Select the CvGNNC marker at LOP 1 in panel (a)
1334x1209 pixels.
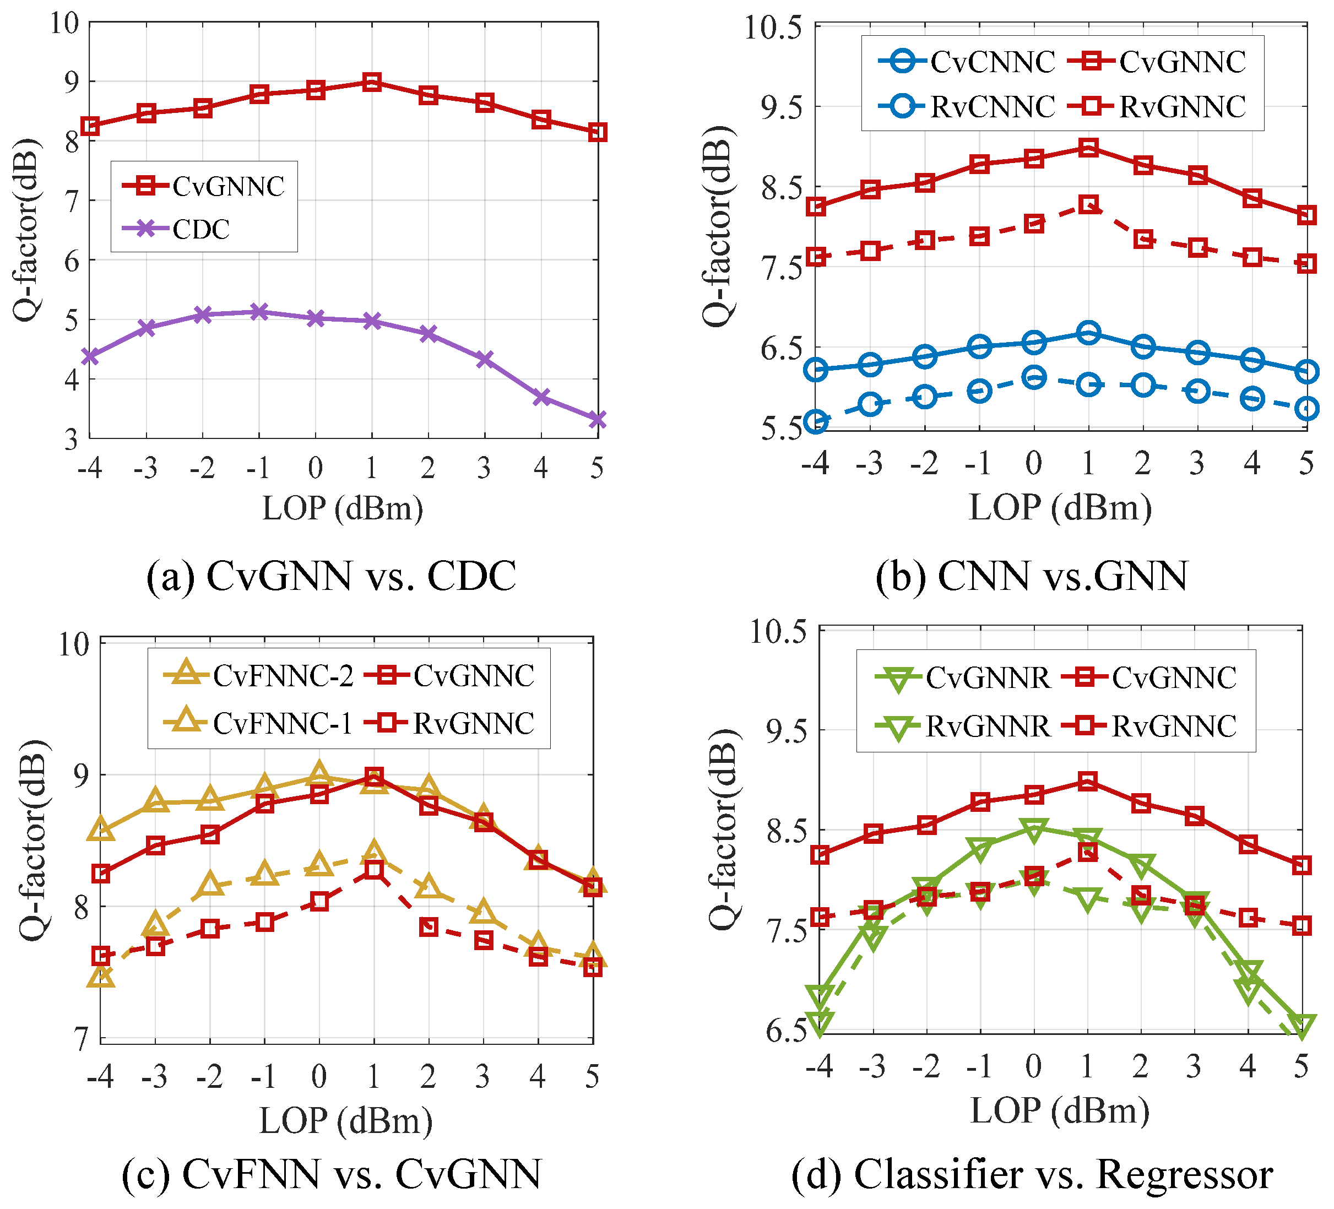pyautogui.click(x=372, y=82)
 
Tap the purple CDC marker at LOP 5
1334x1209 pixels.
pyautogui.click(x=598, y=419)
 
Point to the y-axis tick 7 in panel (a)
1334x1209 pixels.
pyautogui.click(x=72, y=200)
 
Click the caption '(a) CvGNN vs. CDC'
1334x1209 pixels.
pyautogui.click(x=331, y=576)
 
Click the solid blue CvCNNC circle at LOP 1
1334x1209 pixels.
pyautogui.click(x=1088, y=333)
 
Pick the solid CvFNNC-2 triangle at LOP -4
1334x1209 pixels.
pyautogui.click(x=101, y=829)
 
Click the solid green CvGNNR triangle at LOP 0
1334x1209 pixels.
pyautogui.click(x=1034, y=829)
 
